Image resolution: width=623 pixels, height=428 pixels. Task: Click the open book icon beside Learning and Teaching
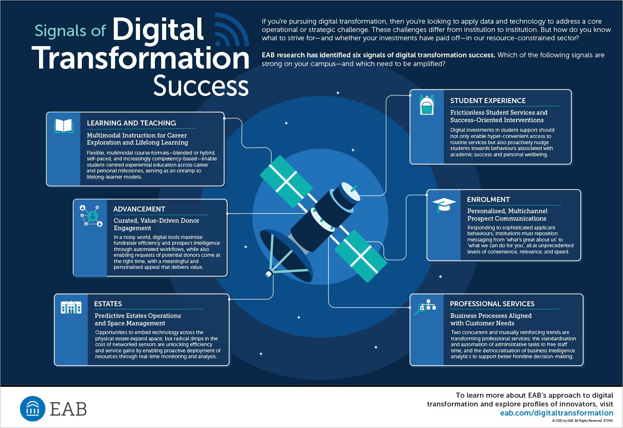pos(64,126)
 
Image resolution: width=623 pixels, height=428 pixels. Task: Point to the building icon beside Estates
pos(71,307)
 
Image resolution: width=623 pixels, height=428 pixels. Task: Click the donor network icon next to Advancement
pos(91,216)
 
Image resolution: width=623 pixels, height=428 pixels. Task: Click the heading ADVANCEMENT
pos(139,209)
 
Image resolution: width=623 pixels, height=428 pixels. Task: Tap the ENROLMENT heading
pos(488,199)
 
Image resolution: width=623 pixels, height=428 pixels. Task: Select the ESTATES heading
pos(108,304)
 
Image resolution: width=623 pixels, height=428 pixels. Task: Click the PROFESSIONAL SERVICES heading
pos(492,304)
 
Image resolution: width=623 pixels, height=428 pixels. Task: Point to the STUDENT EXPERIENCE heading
pos(488,101)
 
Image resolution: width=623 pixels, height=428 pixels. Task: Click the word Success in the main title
pos(201,86)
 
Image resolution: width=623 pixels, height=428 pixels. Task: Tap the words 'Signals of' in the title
pos(70,31)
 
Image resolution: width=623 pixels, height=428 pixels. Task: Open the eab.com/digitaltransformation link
pos(557,413)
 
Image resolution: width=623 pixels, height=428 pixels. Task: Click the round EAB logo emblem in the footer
pos(32,408)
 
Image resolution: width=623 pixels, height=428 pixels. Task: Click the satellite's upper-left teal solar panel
pos(286,182)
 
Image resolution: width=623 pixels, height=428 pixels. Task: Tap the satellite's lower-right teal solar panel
pos(361,256)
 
